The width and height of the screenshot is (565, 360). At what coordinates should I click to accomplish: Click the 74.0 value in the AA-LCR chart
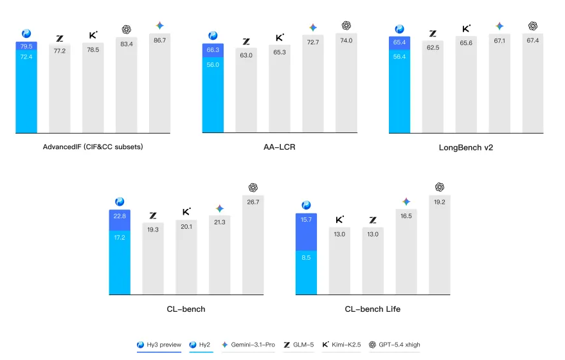pyautogui.click(x=346, y=40)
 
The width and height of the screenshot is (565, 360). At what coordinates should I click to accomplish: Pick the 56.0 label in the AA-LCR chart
pyautogui.click(x=213, y=65)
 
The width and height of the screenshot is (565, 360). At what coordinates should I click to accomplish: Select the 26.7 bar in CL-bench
pyautogui.click(x=253, y=244)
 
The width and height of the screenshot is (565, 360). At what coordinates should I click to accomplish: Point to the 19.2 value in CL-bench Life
pyautogui.click(x=440, y=202)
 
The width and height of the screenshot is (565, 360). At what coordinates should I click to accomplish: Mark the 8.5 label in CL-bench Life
pyautogui.click(x=306, y=257)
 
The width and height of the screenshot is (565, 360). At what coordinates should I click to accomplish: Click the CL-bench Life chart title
pyautogui.click(x=372, y=309)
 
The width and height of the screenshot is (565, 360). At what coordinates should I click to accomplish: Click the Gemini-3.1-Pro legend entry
pyautogui.click(x=248, y=345)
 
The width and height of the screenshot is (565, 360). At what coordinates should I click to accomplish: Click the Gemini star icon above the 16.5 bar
pyautogui.click(x=406, y=202)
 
